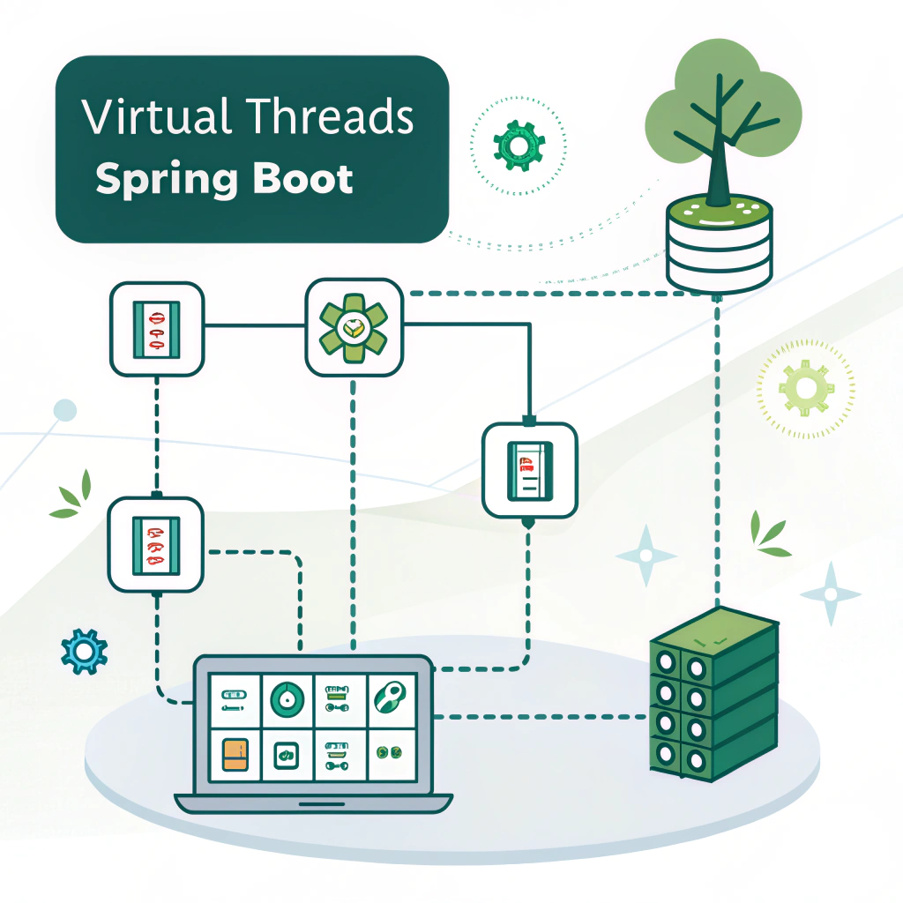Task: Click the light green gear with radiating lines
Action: pos(805,389)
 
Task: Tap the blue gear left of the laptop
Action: pos(84,652)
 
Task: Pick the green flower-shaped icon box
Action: pos(353,327)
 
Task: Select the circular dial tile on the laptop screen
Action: pos(287,700)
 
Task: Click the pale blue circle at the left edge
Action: pos(64,410)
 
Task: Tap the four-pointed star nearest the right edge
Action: pos(830,593)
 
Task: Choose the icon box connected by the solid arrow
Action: pos(529,469)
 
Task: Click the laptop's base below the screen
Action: pos(313,802)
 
